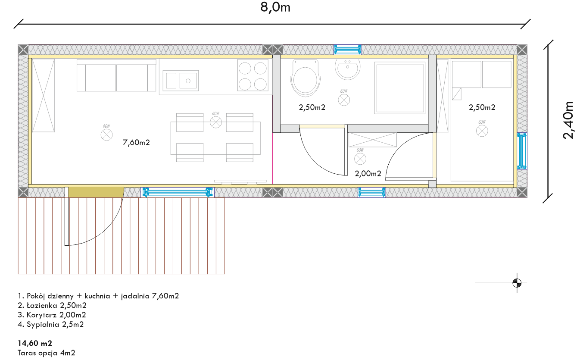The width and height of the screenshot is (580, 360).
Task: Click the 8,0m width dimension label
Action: [x=275, y=7]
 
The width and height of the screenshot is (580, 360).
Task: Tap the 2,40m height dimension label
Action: [x=568, y=120]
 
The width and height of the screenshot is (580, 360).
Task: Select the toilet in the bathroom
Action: [x=305, y=78]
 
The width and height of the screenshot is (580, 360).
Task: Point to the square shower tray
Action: [x=400, y=88]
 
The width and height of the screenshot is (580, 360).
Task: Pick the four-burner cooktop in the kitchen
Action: [x=253, y=75]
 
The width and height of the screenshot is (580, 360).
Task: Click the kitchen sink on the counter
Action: [x=181, y=81]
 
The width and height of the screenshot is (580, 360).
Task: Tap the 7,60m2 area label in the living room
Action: [x=136, y=142]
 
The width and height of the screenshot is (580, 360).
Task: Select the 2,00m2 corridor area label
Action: [x=368, y=173]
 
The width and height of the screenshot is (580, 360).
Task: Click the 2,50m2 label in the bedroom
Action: [x=482, y=107]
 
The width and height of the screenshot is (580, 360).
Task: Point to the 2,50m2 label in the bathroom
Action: [x=312, y=107]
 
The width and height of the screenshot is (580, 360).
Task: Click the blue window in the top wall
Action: [x=347, y=50]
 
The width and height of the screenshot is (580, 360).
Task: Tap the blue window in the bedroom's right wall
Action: [x=522, y=151]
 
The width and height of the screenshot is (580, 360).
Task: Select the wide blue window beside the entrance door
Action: [x=178, y=192]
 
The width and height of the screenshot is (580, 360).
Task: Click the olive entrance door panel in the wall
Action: [x=96, y=192]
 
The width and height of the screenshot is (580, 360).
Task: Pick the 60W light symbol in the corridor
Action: [x=360, y=159]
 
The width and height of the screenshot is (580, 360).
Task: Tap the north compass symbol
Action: [x=517, y=282]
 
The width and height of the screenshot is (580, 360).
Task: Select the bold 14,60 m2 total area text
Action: [x=35, y=343]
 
